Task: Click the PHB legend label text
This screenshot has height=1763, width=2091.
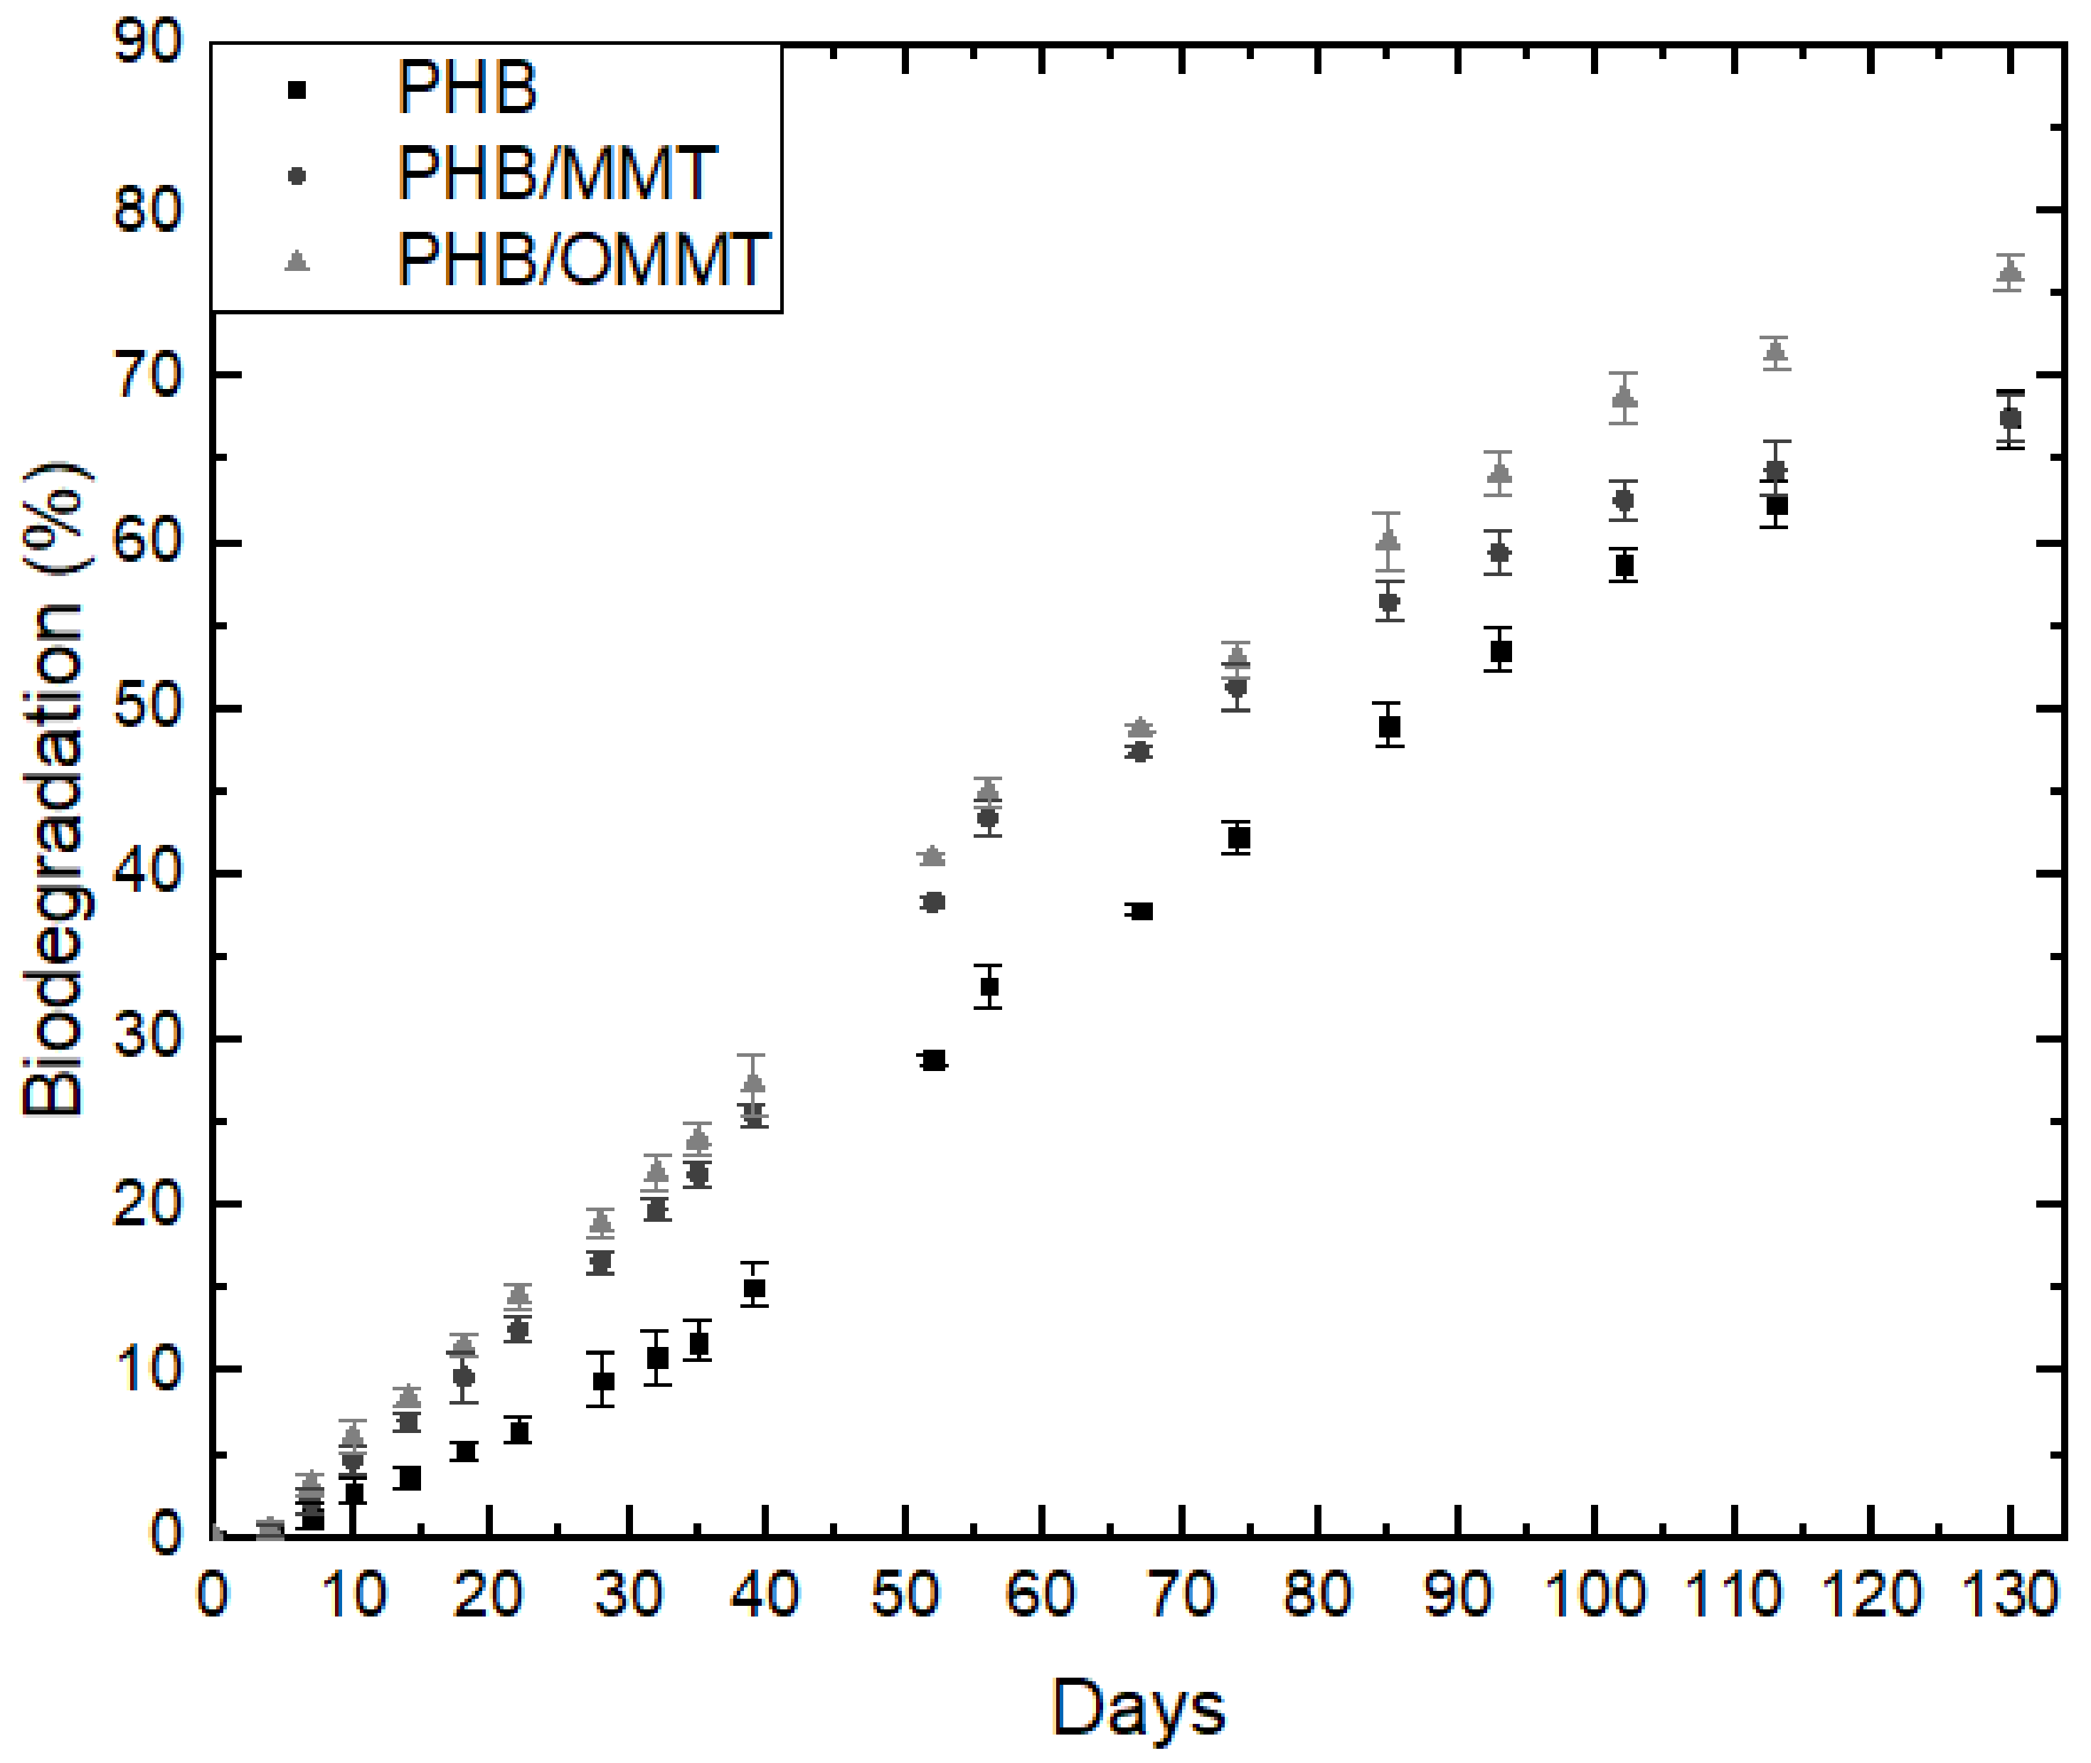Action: [x=466, y=89]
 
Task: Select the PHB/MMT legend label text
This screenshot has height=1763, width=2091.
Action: [x=555, y=175]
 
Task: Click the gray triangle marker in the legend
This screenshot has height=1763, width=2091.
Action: [x=297, y=261]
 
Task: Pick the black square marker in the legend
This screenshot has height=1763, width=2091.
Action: [x=297, y=90]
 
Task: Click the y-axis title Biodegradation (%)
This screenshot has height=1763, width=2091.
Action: [x=55, y=789]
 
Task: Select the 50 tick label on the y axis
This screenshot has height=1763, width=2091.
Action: [x=148, y=708]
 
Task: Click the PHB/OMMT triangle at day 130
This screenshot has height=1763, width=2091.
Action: [x=2010, y=271]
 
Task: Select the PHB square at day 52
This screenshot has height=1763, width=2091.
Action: [x=934, y=1060]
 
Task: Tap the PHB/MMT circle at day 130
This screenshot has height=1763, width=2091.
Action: [x=2010, y=419]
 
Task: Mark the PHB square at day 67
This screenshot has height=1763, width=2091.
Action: [x=1141, y=910]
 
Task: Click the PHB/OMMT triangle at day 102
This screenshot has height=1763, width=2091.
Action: [x=1624, y=398]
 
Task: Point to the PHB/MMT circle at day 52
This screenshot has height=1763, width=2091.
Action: [x=934, y=902]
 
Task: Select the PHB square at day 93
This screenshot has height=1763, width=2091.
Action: [x=1499, y=651]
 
